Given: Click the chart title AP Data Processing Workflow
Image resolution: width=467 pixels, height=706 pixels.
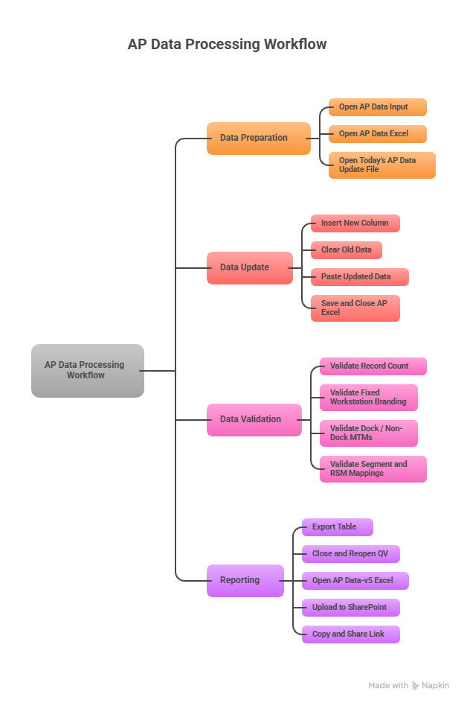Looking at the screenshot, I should click(227, 44).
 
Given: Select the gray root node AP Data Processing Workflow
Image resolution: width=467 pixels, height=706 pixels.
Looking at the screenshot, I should click(88, 370).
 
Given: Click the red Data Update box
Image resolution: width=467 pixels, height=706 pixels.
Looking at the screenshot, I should click(249, 267).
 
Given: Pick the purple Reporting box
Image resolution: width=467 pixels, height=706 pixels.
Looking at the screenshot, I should click(245, 580).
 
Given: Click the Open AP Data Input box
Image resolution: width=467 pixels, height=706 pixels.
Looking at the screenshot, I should click(378, 107).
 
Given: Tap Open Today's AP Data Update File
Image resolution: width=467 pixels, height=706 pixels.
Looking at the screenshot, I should click(381, 165).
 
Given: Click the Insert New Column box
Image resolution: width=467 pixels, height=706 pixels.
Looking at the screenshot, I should click(355, 223).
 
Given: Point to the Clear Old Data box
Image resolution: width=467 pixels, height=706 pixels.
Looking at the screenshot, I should click(347, 250).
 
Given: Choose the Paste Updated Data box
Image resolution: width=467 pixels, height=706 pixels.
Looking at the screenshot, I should click(360, 277).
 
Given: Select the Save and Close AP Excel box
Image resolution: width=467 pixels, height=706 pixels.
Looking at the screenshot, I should click(355, 308).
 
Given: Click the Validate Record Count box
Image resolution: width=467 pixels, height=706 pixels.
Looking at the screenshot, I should click(373, 366).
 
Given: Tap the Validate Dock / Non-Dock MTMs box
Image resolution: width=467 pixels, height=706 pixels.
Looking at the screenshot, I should click(369, 433).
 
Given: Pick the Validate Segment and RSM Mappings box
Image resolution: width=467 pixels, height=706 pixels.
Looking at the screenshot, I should click(373, 468).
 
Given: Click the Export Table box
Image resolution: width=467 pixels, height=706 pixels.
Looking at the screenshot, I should click(337, 527).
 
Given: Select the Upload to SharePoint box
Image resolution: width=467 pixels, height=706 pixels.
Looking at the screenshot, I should click(350, 608).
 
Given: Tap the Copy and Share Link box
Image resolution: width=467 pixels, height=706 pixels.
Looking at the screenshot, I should click(350, 635).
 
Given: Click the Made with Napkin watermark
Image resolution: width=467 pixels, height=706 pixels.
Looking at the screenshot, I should click(409, 685).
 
